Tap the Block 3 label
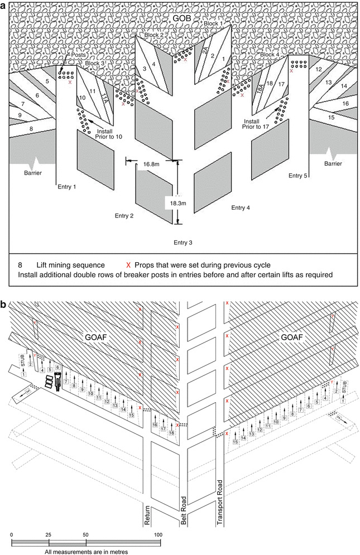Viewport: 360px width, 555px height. [95, 63]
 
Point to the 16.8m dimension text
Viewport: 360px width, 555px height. [151, 165]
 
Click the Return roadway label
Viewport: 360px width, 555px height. [148, 513]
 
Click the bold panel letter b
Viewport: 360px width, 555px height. [5, 305]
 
